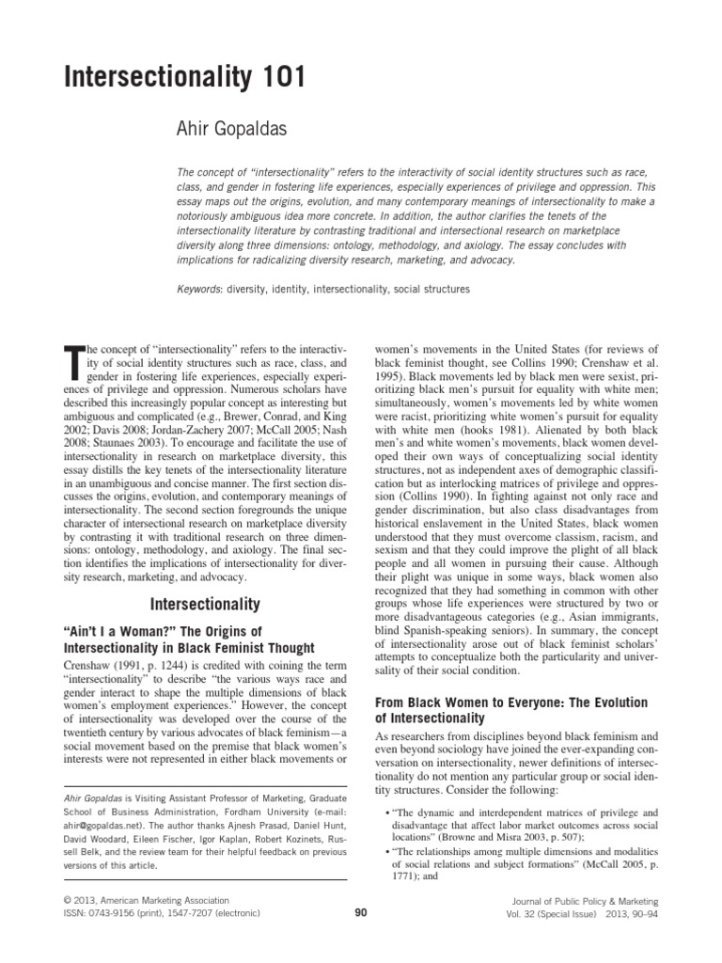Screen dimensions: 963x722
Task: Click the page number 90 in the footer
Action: click(x=360, y=911)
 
